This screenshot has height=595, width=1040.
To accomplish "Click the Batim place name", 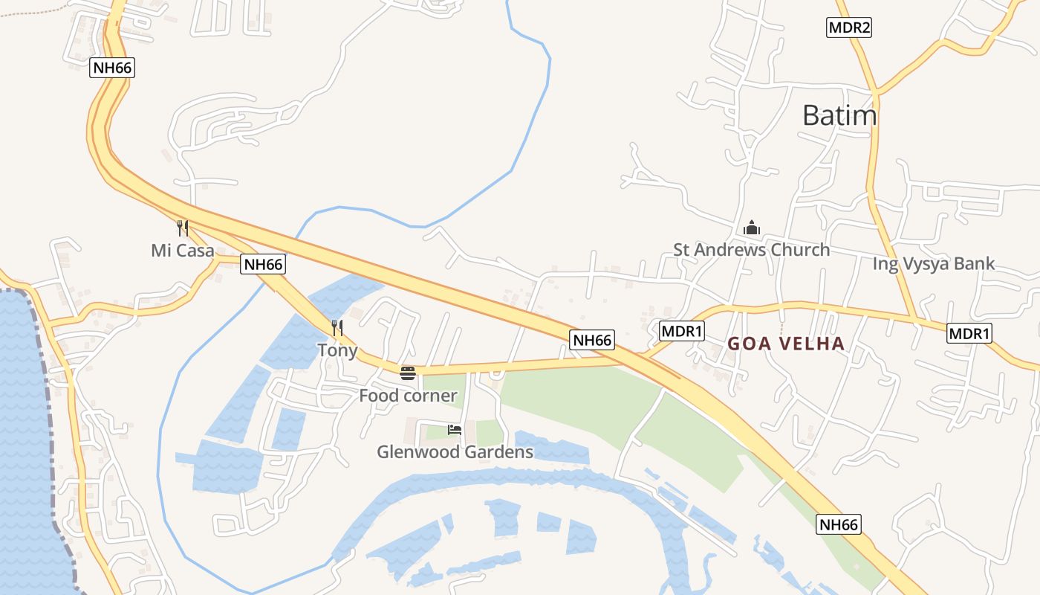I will coord(839,115).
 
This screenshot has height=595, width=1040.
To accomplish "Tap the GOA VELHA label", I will coord(786,344).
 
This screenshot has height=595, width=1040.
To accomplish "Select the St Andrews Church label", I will coord(751,250).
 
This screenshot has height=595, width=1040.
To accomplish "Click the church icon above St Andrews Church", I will coord(752,228).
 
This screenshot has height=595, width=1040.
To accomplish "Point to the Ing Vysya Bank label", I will coord(933,263).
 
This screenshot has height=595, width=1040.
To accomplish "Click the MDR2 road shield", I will coord(848,28).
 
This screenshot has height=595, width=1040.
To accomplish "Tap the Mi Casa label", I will coord(183,251).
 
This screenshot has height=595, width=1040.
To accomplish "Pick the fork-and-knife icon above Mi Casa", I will coord(183,228).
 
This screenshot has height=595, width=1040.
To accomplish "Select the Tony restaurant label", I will coord(337,350).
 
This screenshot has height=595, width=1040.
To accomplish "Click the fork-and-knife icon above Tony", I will coord(337,327).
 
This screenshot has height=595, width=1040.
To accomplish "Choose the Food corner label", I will coord(408,396).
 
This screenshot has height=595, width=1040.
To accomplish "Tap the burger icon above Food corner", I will coord(408,373).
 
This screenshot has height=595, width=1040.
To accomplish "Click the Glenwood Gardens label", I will coord(455,451).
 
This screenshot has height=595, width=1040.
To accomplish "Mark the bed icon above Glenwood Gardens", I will coord(455,430).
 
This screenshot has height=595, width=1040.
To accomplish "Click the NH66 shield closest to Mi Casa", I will coord(263,264).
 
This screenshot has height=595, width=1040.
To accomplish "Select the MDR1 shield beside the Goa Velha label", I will coord(681,331).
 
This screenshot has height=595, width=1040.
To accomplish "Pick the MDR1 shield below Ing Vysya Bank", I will coord(969,333).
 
